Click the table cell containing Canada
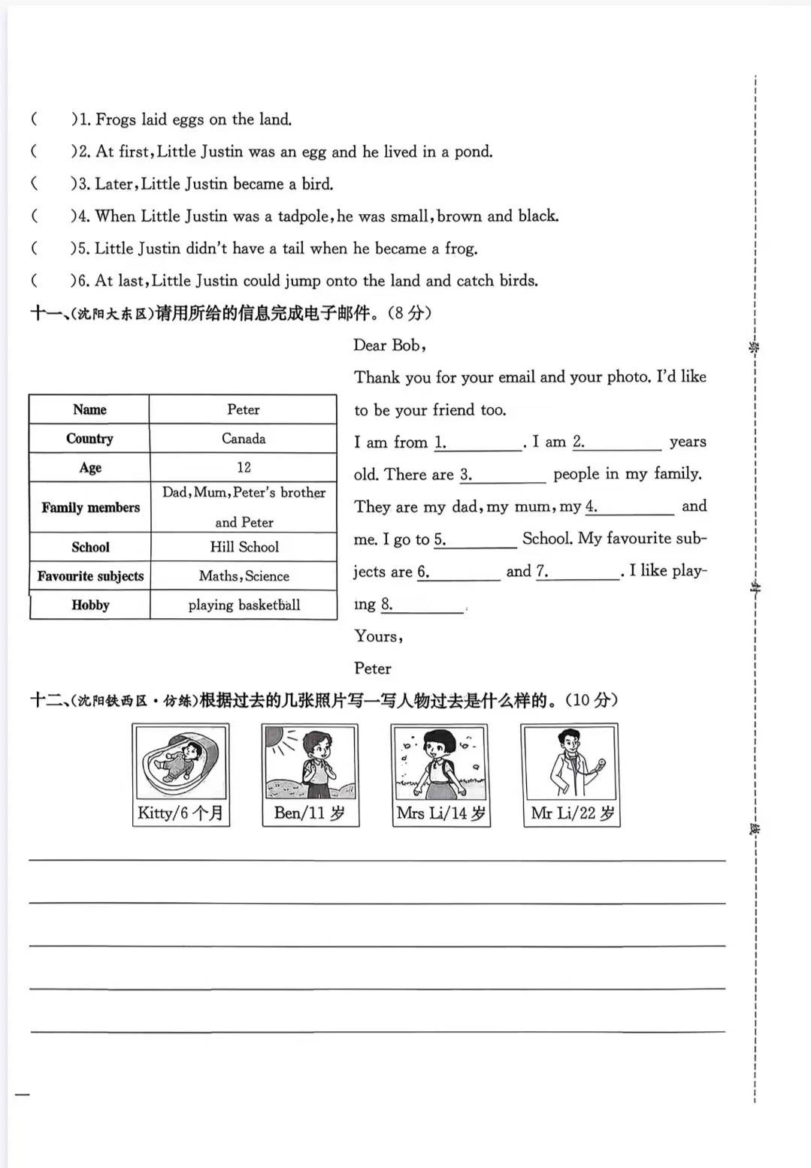(243, 439)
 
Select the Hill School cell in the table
(244, 547)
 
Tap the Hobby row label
(90, 605)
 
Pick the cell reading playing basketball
(244, 605)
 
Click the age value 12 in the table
(244, 467)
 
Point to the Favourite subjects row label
(90, 576)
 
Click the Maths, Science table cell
(244, 576)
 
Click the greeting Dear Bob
(389, 346)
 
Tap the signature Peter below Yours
(372, 669)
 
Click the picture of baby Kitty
(180, 762)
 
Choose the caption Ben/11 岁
(310, 813)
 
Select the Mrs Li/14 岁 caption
(440, 813)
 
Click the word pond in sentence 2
(472, 152)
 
